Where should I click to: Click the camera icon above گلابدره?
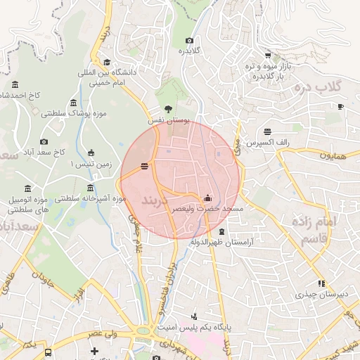coord(189,41)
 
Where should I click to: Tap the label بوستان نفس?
coord(169,121)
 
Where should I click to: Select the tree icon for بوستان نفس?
coord(167,109)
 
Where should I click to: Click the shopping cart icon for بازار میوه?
coord(268,56)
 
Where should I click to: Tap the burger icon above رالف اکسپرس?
coord(267,131)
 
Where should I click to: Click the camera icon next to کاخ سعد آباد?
coord(44,141)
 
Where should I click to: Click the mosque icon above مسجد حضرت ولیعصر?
coord(207,198)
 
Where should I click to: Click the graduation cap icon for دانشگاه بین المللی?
coord(106,62)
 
